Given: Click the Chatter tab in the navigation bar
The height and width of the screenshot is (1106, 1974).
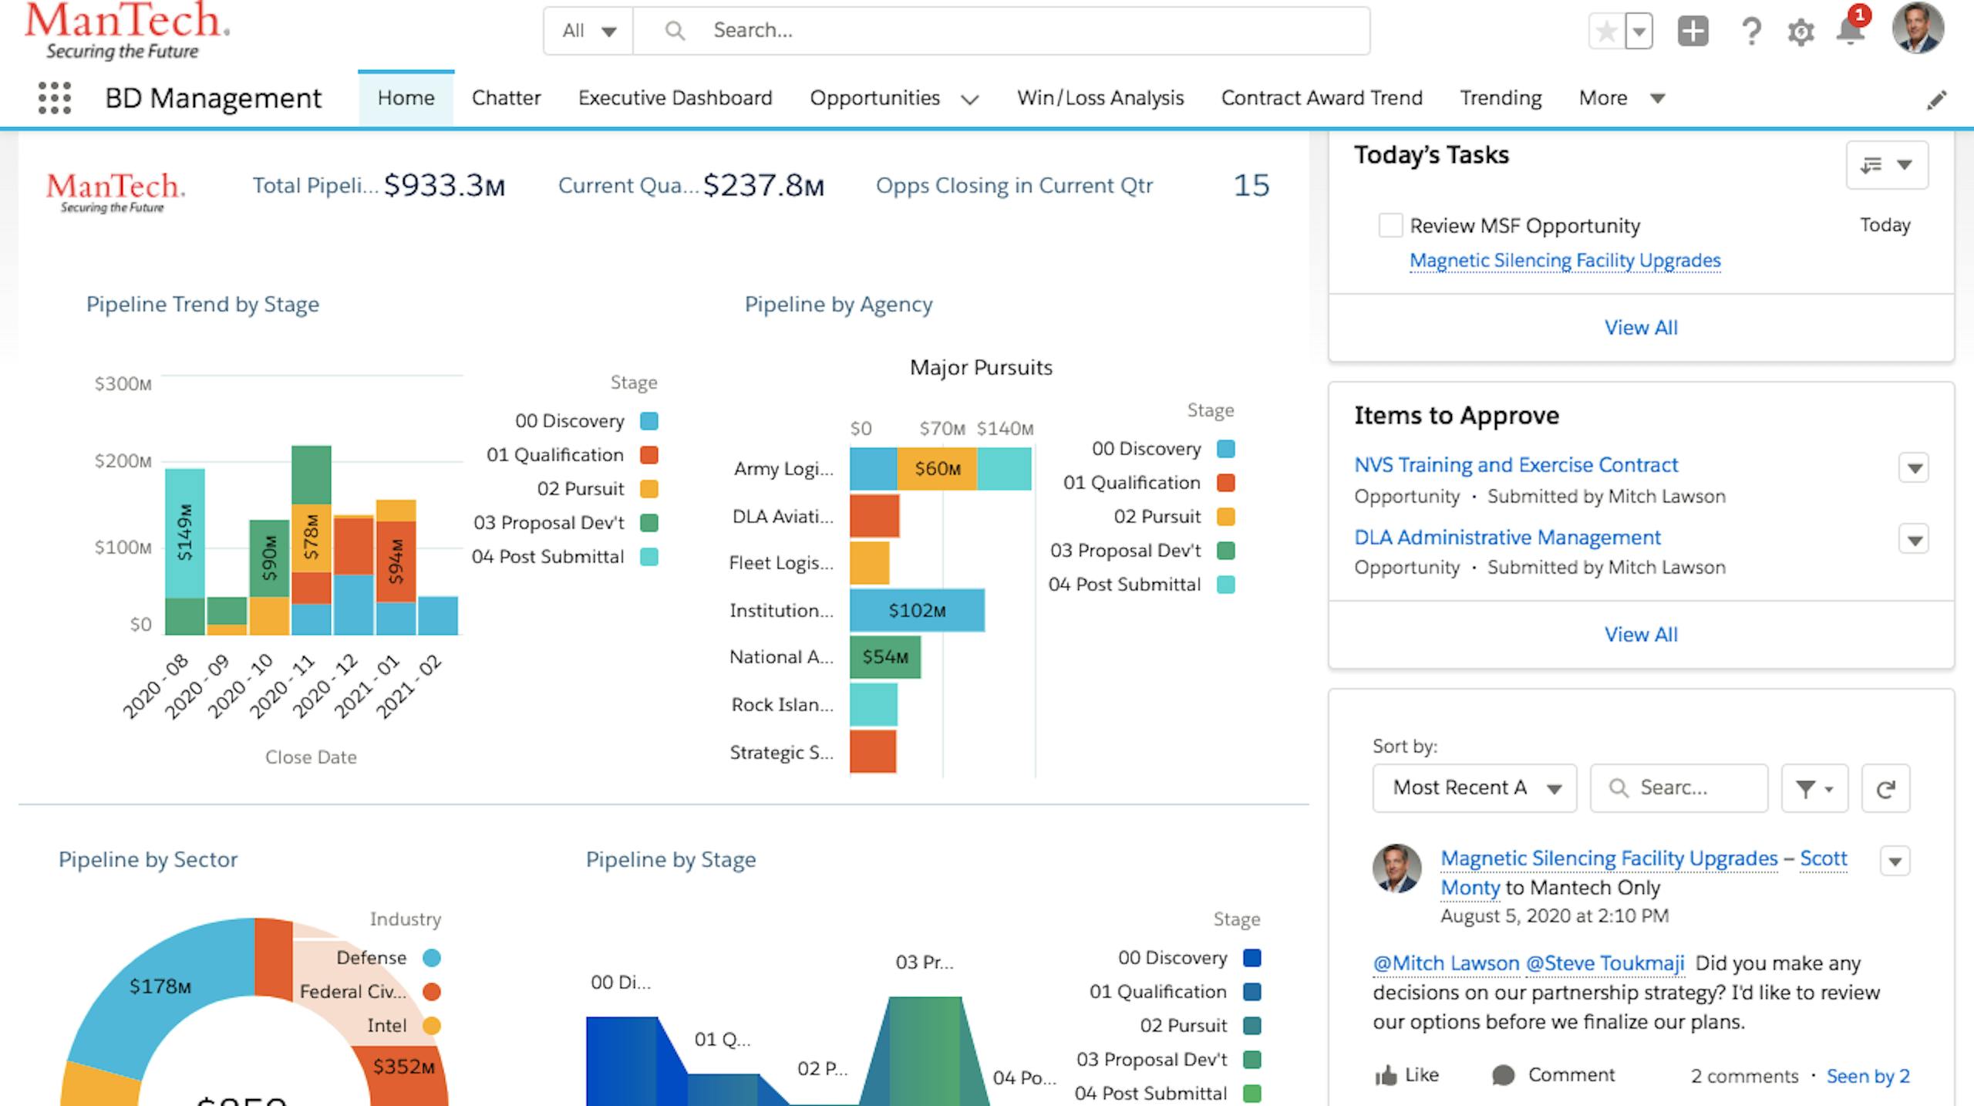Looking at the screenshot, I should [x=506, y=98].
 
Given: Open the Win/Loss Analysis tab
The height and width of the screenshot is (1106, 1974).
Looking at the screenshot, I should [x=1100, y=98].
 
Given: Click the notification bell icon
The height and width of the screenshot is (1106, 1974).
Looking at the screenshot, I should [x=1850, y=32].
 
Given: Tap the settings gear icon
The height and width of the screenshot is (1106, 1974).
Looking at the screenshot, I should [x=1801, y=32].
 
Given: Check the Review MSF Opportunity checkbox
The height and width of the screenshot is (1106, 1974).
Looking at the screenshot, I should [x=1390, y=225].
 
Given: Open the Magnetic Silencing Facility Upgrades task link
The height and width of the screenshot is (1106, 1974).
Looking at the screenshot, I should [x=1565, y=261].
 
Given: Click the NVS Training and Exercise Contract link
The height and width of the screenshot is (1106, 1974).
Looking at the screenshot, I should [x=1515, y=465].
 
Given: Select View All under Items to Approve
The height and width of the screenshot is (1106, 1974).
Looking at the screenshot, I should [x=1640, y=634].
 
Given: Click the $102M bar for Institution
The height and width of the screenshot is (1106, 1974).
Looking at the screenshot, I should [x=917, y=610].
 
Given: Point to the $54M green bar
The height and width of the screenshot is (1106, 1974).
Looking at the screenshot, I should [x=884, y=657].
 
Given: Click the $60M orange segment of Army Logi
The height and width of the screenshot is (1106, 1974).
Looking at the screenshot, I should [x=937, y=469].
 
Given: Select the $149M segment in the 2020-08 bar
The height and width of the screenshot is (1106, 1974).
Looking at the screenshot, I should [x=184, y=533].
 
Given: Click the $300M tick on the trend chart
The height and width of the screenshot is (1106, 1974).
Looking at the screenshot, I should [x=123, y=383].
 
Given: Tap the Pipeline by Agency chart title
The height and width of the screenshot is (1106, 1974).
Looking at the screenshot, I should [x=838, y=305].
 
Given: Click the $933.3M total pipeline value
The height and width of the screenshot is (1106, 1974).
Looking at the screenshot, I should [x=444, y=185].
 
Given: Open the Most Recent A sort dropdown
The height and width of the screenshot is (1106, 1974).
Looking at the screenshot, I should [x=1474, y=787].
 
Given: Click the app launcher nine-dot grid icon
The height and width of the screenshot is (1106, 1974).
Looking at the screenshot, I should [x=55, y=98].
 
